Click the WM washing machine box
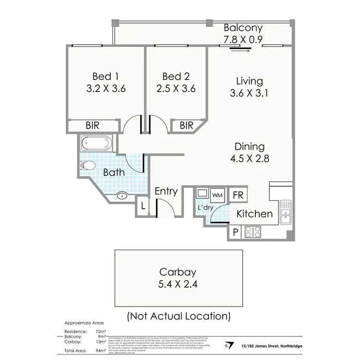tap(217, 194)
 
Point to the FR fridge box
tap(237, 195)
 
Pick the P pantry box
tap(235, 232)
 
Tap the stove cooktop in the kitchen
tap(252, 232)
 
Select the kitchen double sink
tap(286, 212)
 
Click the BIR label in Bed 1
tap(93, 126)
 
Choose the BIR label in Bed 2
tap(186, 126)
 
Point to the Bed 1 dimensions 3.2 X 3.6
tap(106, 89)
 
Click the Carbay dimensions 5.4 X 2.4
tap(178, 284)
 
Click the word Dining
tap(250, 147)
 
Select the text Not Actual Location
tap(179, 316)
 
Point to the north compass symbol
tap(227, 345)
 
